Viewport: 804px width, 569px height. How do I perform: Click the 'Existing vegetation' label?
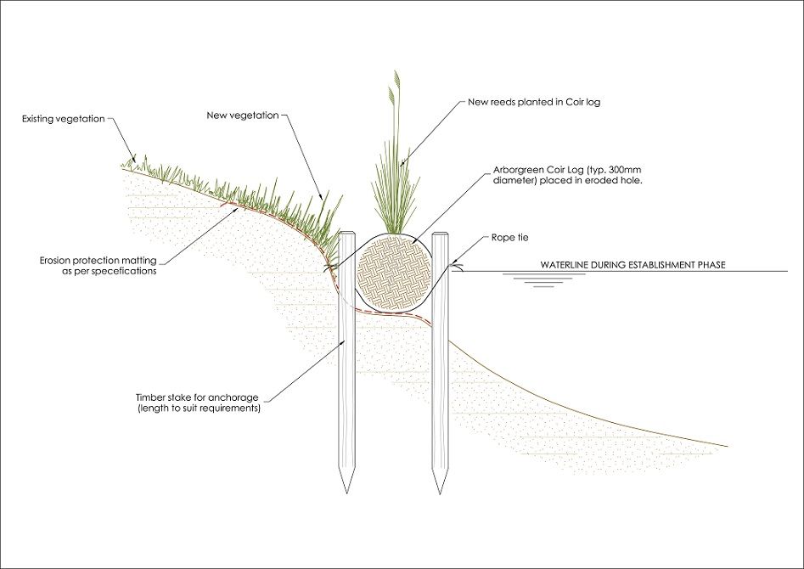(63, 119)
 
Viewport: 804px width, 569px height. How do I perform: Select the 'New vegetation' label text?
(243, 115)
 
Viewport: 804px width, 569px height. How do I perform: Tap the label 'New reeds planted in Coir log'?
(534, 102)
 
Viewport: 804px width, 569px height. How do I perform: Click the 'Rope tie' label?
(509, 239)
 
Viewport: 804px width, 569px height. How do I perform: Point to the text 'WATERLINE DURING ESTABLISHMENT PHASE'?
(633, 265)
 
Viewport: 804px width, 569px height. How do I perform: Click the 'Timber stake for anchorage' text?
(198, 397)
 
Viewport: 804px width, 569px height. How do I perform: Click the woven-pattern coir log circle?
(393, 270)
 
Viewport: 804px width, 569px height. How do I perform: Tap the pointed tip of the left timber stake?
(346, 490)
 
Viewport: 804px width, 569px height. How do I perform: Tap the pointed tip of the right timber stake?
(439, 490)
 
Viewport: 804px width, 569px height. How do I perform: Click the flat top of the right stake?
(439, 234)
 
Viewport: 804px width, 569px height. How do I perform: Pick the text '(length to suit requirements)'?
(198, 408)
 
